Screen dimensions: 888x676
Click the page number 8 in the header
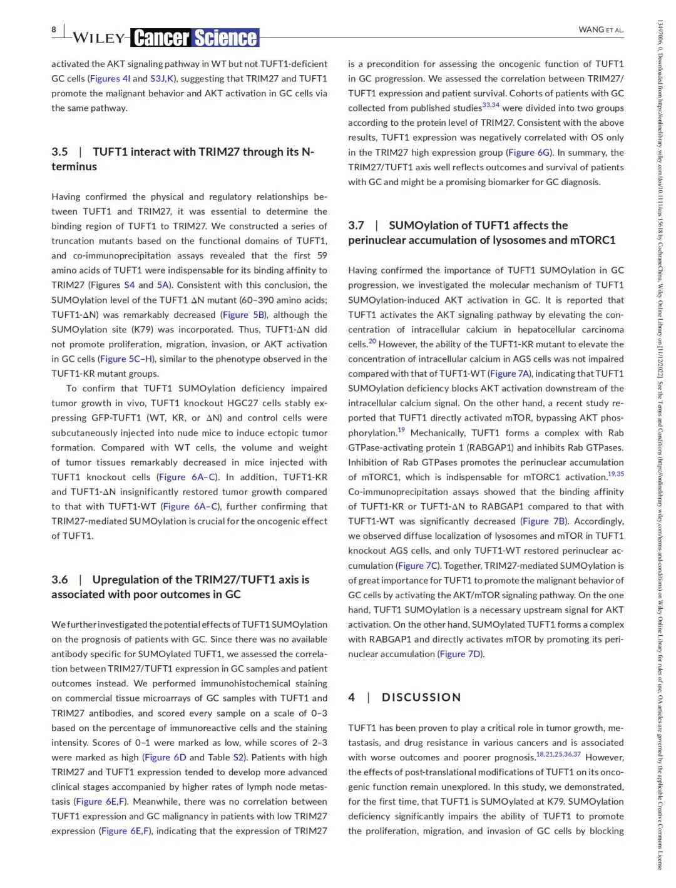54,29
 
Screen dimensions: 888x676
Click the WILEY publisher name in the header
98,38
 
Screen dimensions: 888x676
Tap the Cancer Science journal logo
195,38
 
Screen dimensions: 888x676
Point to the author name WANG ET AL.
601,29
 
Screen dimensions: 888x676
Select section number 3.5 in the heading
59,152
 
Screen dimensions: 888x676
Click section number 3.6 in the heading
59,579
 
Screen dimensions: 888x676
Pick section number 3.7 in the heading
356,225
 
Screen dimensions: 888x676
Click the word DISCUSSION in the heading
421,697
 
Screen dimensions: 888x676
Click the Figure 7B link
544,521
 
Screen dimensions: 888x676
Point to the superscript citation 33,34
491,105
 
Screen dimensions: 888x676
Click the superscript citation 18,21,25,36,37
558,754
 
